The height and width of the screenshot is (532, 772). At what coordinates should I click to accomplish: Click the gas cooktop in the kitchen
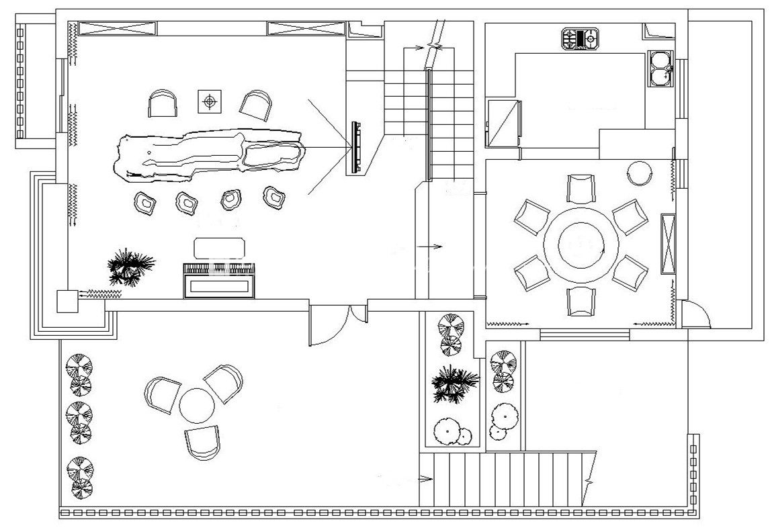[580, 39]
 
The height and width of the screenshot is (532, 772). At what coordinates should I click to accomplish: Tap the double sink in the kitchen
[660, 69]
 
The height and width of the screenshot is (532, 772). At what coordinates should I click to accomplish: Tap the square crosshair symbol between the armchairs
[210, 102]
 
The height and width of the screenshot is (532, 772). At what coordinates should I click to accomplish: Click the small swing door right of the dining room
[696, 314]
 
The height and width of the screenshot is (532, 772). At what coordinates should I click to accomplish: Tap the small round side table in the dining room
[639, 173]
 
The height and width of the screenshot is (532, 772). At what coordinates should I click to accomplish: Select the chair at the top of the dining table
[581, 188]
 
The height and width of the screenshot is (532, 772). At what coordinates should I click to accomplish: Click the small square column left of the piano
[67, 301]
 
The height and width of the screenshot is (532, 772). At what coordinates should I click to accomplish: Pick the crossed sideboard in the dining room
[668, 243]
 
